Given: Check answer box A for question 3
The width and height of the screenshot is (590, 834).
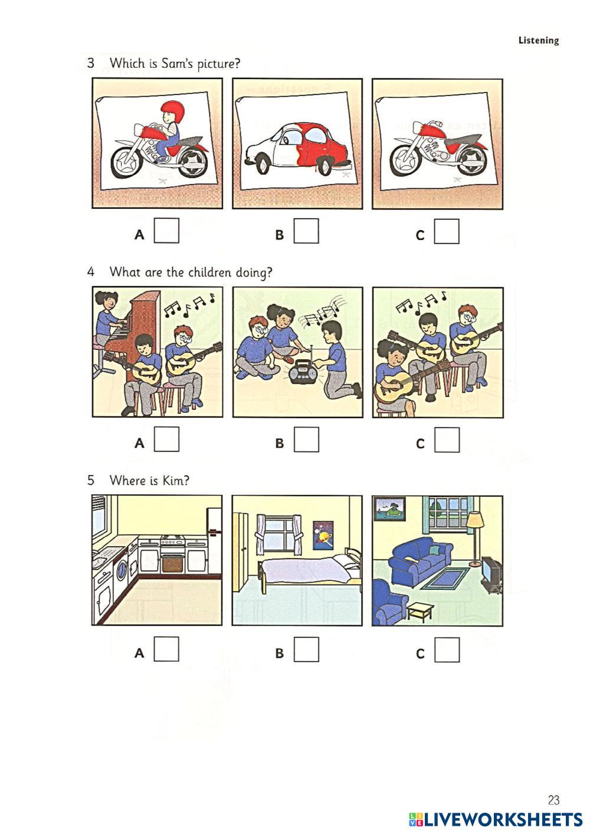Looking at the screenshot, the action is pyautogui.click(x=166, y=231).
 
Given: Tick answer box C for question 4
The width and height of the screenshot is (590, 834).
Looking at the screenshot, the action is pyautogui.click(x=447, y=440).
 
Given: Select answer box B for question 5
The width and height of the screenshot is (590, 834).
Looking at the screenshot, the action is pyautogui.click(x=306, y=649).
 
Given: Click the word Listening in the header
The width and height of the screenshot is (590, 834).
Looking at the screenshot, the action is pyautogui.click(x=539, y=40).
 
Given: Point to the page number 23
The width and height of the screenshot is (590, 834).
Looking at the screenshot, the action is pyautogui.click(x=553, y=799).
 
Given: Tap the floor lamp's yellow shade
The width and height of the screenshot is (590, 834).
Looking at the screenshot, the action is pyautogui.click(x=475, y=520).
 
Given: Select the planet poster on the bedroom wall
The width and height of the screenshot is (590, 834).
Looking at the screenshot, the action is pyautogui.click(x=323, y=536).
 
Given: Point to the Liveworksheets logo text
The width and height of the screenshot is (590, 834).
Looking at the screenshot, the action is pyautogui.click(x=503, y=819).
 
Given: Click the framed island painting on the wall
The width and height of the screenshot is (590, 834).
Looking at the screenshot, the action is pyautogui.click(x=389, y=508).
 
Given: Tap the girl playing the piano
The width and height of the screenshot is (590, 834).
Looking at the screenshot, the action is pyautogui.click(x=108, y=319).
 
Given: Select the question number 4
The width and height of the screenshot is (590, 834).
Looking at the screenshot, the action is pyautogui.click(x=90, y=272).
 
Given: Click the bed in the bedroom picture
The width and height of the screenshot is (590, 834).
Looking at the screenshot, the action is pyautogui.click(x=309, y=568).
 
